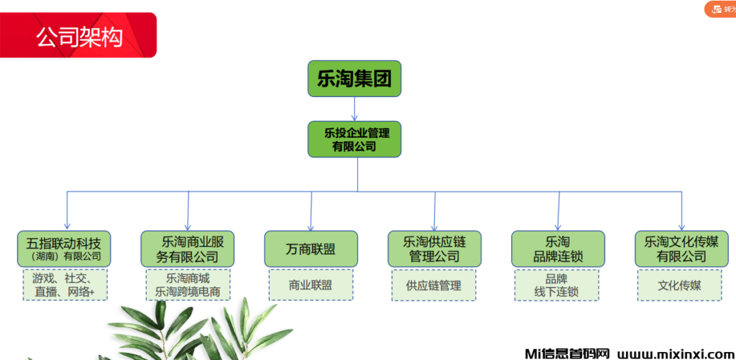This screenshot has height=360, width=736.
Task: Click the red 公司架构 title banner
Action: coord(78,35)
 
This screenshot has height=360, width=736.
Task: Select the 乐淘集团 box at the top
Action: coord(354,79)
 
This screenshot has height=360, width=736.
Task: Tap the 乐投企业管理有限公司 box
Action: coord(354,139)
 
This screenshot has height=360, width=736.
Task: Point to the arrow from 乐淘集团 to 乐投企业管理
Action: coord(354,109)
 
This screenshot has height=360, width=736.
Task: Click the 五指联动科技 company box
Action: coord(63,249)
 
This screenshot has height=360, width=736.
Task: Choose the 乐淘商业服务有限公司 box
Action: coord(188,249)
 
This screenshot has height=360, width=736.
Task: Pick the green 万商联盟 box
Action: coord(310,249)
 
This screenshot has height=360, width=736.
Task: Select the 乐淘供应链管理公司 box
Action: coord(434,249)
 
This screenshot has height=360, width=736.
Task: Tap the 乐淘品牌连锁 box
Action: coord(558,249)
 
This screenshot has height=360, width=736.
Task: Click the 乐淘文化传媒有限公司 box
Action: coord(681,249)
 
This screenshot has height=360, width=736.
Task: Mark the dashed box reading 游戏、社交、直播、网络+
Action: coord(63,285)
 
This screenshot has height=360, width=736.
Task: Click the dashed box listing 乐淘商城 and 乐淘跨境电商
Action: coord(188,285)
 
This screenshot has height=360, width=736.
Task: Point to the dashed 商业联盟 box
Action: coord(310,285)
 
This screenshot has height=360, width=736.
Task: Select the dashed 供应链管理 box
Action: coord(434,285)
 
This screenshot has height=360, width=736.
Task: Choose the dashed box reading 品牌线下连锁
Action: coord(558,285)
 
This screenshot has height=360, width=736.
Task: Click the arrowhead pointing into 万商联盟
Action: coord(310,226)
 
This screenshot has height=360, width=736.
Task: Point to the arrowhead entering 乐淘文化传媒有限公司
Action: coord(681,226)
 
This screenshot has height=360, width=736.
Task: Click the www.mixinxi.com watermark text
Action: coord(674,354)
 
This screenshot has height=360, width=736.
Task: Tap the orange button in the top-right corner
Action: coord(721,9)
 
